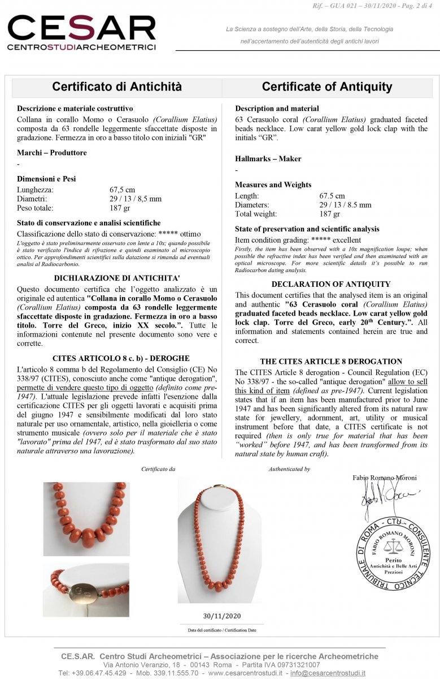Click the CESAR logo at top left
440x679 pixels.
click(81, 33)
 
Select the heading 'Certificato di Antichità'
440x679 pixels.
click(117, 87)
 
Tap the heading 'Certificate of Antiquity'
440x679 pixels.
click(326, 87)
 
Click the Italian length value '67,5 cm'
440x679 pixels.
click(122, 190)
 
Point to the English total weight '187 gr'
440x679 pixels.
click(330, 214)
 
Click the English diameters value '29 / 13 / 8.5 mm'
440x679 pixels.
click(345, 205)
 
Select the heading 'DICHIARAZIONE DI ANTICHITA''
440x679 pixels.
click(117, 278)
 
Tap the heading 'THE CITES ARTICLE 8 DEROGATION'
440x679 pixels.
click(331, 361)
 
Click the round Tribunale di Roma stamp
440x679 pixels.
click(392, 554)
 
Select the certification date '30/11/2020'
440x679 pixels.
click(221, 616)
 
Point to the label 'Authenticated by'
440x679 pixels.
click(289, 469)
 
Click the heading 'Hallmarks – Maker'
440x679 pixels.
click(268, 158)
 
